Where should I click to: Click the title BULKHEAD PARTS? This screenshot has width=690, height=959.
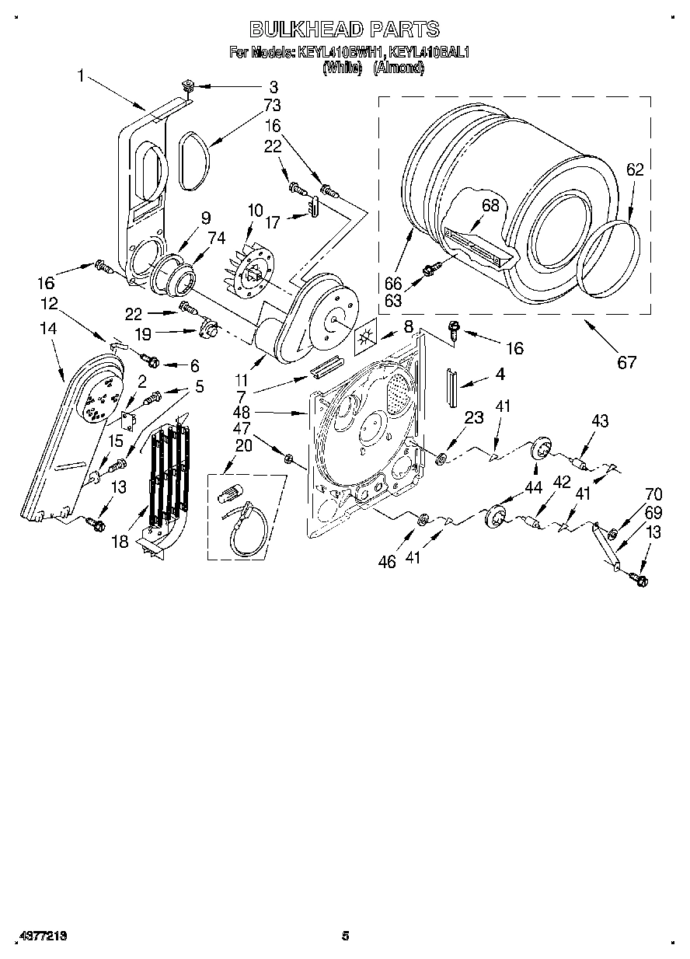point(344,30)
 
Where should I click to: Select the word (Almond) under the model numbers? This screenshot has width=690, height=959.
point(399,68)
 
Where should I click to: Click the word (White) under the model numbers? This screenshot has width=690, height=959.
point(342,68)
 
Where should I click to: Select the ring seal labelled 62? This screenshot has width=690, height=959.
point(614,260)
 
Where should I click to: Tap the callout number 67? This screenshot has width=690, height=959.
point(626,361)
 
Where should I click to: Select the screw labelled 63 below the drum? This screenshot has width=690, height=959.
point(429,270)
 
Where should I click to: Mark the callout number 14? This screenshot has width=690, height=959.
point(48,330)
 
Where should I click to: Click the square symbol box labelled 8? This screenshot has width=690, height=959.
point(365,340)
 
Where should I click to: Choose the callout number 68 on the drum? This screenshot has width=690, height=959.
point(490,206)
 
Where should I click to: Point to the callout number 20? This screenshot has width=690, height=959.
point(242,445)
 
